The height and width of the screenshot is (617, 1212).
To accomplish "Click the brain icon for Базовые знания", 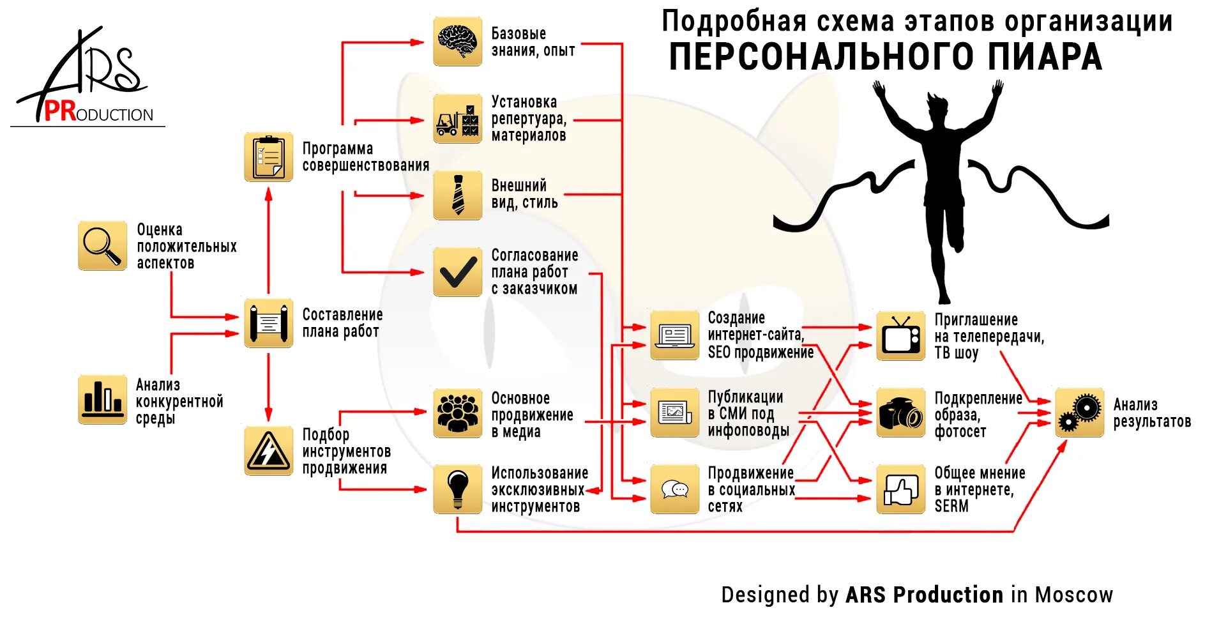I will (x=457, y=42).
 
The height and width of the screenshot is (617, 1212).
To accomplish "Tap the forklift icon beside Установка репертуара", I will (x=457, y=119).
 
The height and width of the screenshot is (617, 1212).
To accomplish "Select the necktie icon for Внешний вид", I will (x=457, y=195).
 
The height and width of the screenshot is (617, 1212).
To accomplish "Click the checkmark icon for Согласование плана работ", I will (x=457, y=272).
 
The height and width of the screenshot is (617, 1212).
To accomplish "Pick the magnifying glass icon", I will (x=102, y=246).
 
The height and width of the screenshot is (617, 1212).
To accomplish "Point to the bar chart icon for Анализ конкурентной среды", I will (x=102, y=399).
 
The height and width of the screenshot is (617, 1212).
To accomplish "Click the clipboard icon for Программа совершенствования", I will (x=268, y=157).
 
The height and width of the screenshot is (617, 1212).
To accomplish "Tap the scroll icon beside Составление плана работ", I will (x=268, y=323).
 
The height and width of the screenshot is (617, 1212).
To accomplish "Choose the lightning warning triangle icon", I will (x=268, y=451).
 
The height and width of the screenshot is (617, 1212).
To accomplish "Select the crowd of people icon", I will (x=457, y=413).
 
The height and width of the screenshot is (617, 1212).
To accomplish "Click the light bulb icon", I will (x=457, y=489).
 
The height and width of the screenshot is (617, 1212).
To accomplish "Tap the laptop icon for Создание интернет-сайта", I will (x=674, y=336).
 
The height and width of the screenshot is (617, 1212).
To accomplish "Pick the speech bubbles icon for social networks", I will (x=674, y=489).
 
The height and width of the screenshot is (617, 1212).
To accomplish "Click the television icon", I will (x=900, y=336).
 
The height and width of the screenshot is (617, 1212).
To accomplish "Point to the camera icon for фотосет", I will (x=900, y=413).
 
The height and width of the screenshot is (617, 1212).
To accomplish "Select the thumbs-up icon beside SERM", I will (x=900, y=489).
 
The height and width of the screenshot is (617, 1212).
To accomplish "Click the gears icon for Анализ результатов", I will (x=1079, y=413).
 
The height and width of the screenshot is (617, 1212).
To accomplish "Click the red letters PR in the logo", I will (x=60, y=112).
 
